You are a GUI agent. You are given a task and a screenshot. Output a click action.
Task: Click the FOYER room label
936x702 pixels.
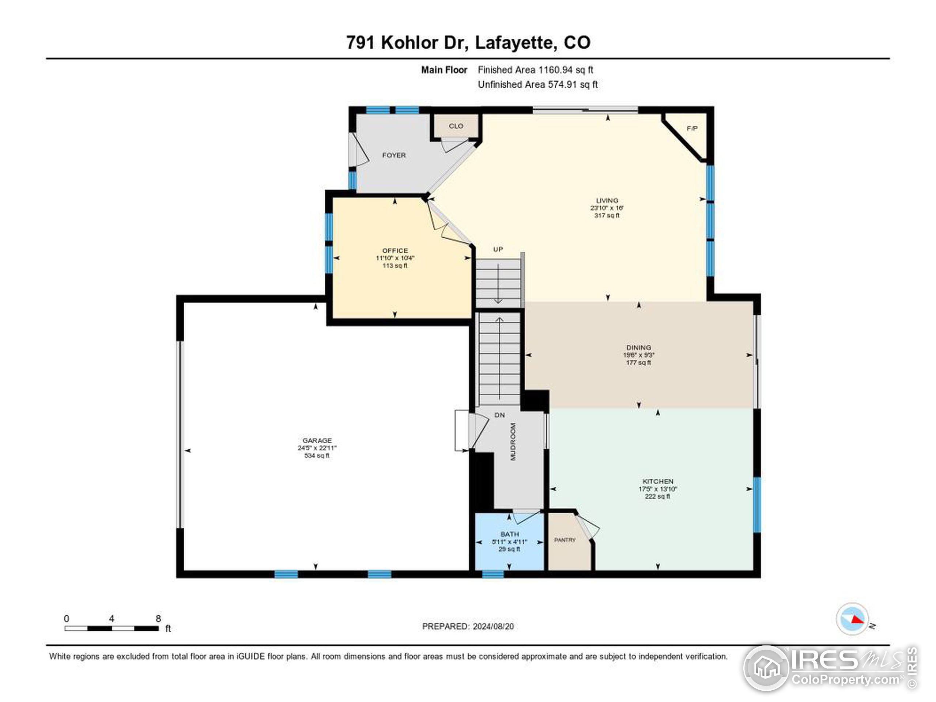click(393, 155)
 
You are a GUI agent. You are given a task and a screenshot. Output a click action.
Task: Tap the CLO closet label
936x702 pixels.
click(456, 126)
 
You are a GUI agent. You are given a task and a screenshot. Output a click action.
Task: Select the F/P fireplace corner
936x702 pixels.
click(692, 128)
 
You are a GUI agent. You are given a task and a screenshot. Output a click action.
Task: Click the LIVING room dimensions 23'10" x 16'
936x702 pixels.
click(607, 208)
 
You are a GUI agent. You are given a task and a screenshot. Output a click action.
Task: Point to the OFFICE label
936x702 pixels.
click(395, 250)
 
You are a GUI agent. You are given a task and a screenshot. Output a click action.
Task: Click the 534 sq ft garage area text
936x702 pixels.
click(317, 456)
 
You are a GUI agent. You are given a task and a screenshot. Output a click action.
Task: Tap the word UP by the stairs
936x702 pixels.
click(498, 249)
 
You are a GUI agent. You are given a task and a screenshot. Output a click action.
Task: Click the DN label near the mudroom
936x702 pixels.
click(499, 415)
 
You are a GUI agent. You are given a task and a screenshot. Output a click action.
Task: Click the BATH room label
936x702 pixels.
click(509, 534)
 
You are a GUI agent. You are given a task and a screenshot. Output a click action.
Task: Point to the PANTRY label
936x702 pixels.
click(565, 540)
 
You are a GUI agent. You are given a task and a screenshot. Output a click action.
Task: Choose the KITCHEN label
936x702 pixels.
click(657, 481)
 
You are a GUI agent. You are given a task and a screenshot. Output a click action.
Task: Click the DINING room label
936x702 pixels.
click(638, 347)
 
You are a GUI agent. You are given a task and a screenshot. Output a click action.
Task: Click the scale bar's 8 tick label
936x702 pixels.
click(158, 619)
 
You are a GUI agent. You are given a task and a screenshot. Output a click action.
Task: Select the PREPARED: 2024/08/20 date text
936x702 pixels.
click(468, 626)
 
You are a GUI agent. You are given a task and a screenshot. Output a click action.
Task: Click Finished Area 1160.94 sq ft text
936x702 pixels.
click(535, 70)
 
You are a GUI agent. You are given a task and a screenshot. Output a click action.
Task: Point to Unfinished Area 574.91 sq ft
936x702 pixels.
click(537, 84)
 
